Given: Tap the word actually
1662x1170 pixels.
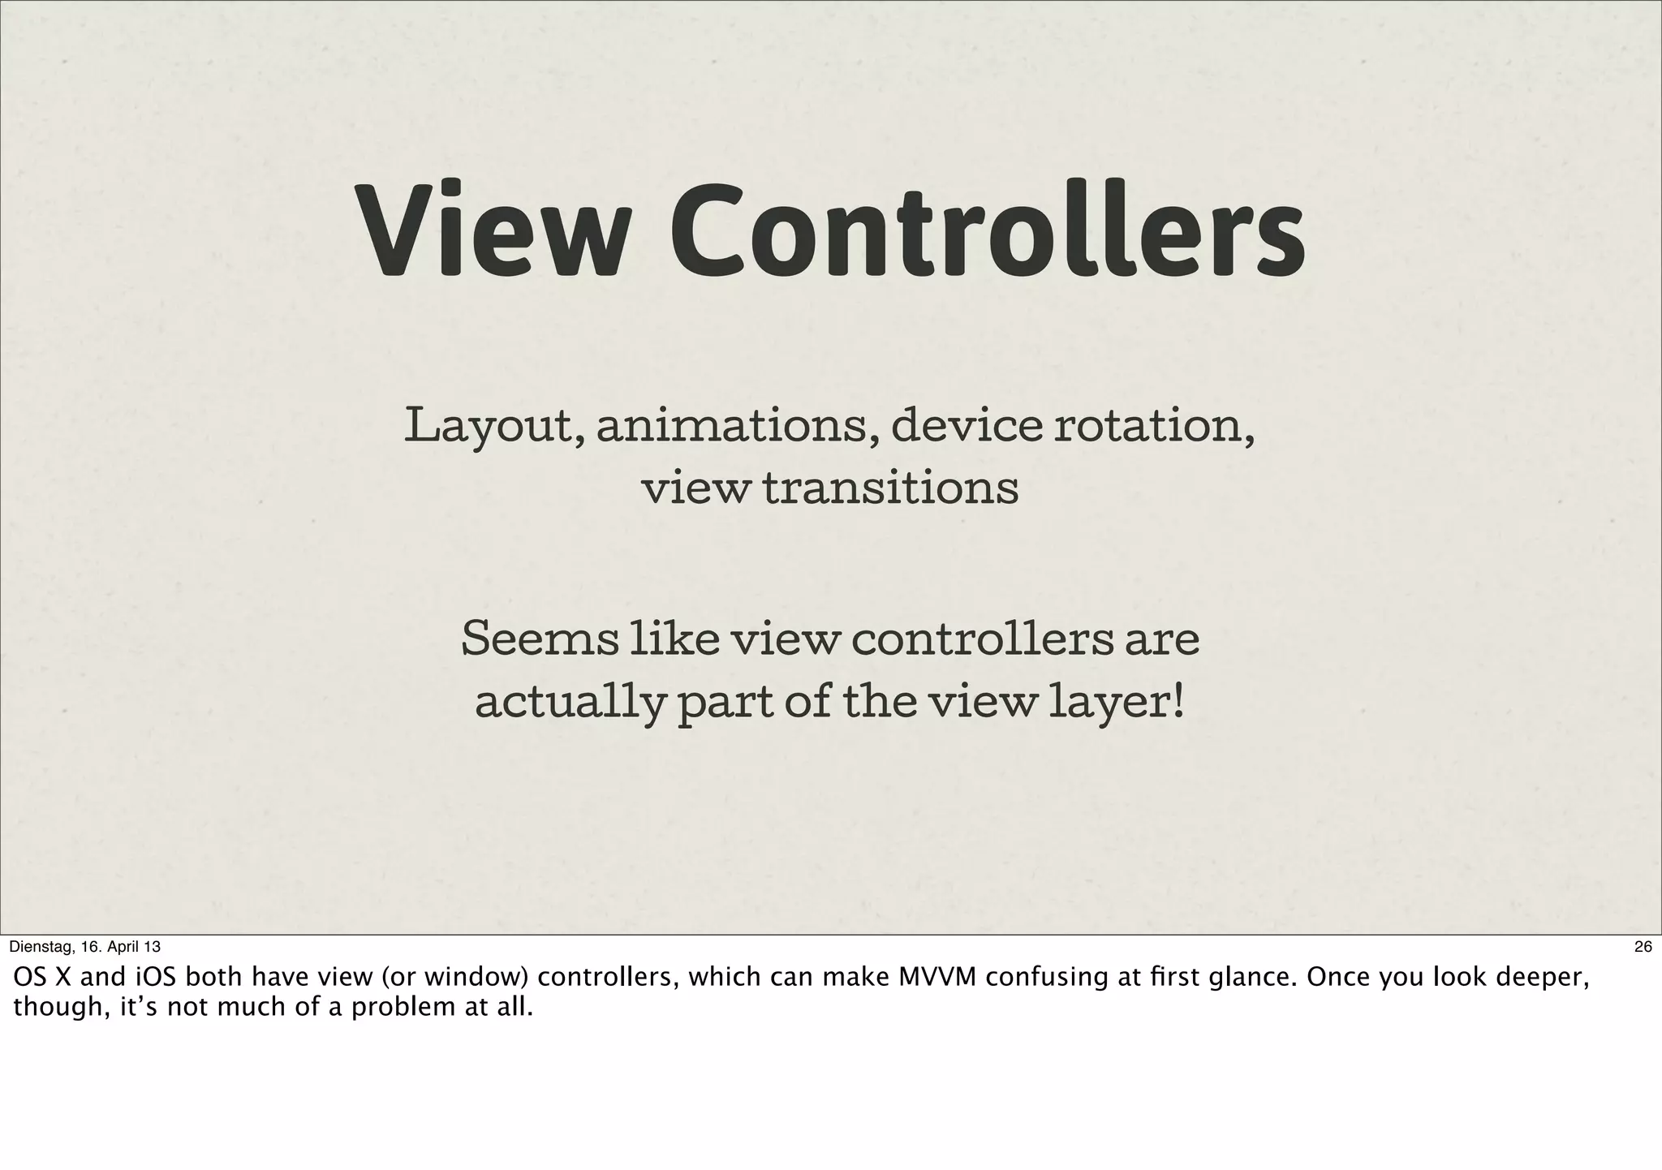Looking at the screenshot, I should (568, 703).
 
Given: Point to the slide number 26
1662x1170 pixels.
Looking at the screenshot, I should (1643, 947).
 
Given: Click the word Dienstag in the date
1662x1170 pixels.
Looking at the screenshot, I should (41, 947).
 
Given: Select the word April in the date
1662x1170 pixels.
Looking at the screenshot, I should (127, 947).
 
